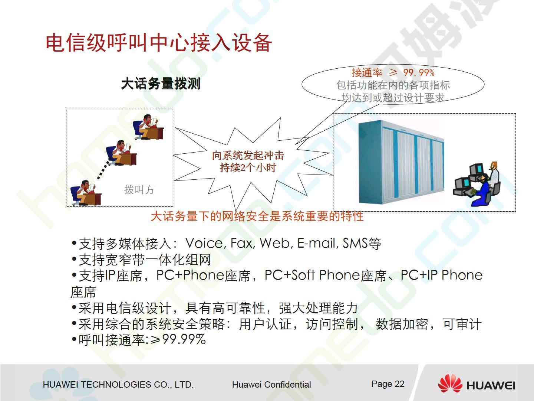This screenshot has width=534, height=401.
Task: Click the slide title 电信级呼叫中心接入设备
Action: pos(159,43)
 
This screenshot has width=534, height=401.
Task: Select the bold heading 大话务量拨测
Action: pos(161,84)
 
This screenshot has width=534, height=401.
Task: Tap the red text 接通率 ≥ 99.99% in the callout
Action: pos(393,72)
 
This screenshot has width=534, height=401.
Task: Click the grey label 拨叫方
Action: pos(139,190)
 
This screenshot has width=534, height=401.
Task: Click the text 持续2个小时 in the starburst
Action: pos(248,168)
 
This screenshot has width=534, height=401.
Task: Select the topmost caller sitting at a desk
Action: pos(148,127)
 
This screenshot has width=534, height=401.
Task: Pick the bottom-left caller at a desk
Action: pos(86,193)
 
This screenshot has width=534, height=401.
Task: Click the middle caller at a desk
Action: pos(121,153)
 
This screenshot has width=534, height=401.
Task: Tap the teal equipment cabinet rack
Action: pos(401,162)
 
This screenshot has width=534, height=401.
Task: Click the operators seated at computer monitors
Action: pos(477,184)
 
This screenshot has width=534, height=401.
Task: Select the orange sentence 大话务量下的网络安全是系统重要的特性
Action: pos(257,216)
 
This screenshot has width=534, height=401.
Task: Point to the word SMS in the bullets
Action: pos(355,243)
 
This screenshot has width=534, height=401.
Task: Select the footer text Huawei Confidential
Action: pos(271,384)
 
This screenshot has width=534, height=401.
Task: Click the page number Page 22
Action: pos(388,384)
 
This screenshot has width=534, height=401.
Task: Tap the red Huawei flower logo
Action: pos(450,384)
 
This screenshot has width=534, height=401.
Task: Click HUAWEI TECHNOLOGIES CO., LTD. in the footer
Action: pos(118,385)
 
